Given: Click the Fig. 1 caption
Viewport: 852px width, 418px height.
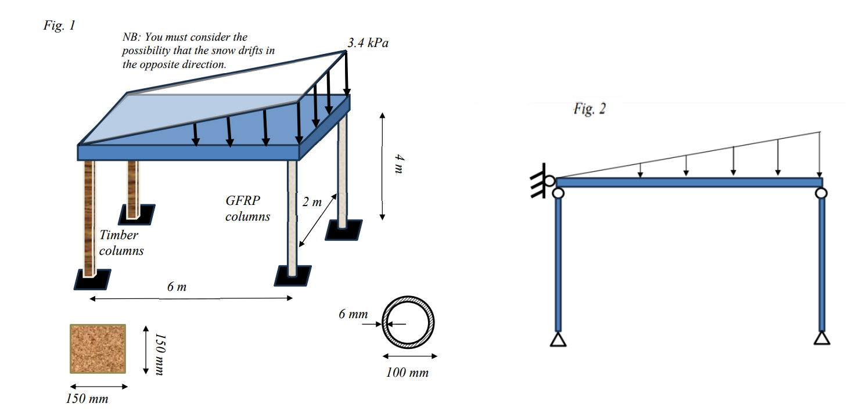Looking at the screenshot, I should pos(59,26).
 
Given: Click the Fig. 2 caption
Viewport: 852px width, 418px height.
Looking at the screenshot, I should pos(589,109).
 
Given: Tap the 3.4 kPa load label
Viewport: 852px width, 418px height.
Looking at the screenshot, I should pos(368,44).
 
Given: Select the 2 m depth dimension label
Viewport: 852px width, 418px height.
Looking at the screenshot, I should pos(312,203).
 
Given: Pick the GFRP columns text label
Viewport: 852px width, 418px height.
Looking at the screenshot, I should pos(247,208).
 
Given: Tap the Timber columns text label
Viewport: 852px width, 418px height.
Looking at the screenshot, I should pos(121,243).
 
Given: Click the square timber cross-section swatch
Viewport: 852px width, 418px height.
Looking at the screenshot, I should pos(98,348).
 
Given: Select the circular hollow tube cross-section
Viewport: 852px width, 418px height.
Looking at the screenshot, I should pos(407,323).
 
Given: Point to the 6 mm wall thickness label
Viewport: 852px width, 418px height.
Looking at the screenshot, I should pos(353,314).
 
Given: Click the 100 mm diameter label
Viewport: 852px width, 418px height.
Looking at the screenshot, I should pos(407,373).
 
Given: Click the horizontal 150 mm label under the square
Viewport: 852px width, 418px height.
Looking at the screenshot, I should pos(87,399).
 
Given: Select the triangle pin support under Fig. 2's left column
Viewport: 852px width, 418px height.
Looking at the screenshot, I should pos(558,339).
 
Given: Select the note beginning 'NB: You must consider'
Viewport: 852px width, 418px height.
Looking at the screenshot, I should pos(198,51).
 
